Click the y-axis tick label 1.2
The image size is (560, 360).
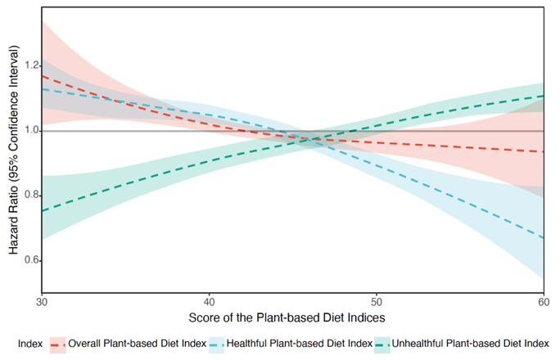click(x=30, y=65)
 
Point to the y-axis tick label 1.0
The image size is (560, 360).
click(x=30, y=131)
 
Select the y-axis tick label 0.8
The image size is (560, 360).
click(x=30, y=196)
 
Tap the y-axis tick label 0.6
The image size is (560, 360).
click(x=30, y=260)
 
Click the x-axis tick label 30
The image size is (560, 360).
click(x=42, y=302)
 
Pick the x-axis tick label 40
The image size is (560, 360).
click(x=209, y=302)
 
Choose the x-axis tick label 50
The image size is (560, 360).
click(x=377, y=302)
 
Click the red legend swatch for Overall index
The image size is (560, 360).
click(x=58, y=343)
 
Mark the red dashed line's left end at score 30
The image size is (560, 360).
click(x=42, y=76)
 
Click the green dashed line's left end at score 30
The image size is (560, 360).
click(x=42, y=211)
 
